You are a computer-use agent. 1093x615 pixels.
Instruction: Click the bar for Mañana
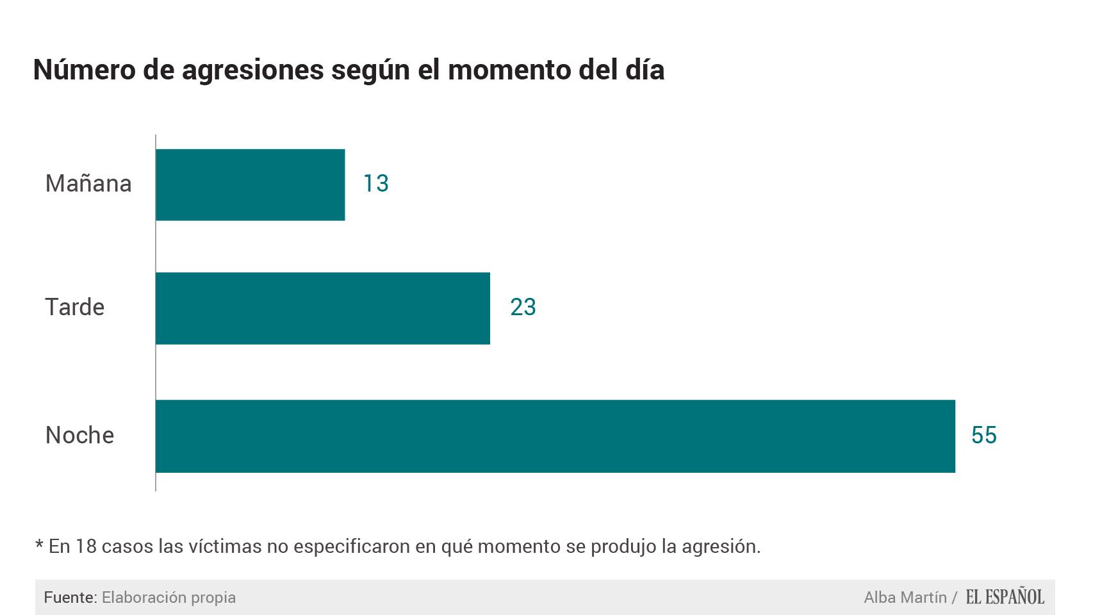point(250,184)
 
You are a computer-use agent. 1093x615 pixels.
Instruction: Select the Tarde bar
point(322,308)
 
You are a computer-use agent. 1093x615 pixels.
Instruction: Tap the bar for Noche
point(555,436)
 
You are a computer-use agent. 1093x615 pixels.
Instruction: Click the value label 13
point(376,184)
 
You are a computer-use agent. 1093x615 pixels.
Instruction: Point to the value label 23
point(523,307)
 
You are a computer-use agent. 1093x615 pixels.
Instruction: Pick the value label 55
point(983,436)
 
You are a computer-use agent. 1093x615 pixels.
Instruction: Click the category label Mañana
point(88,184)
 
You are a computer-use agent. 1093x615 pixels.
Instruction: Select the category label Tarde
point(75,307)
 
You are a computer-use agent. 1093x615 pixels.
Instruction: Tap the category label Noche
point(80,436)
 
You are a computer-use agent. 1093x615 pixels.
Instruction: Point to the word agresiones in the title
point(253,70)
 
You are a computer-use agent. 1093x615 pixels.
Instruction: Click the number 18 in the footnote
point(86,546)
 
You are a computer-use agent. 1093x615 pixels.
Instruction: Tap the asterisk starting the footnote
point(39,545)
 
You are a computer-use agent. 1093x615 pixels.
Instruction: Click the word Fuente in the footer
point(69,598)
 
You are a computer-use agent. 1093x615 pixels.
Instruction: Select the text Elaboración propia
point(168,598)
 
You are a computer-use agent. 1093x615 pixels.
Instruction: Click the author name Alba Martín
point(905,598)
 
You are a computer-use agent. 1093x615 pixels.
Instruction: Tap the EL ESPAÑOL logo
point(1005,597)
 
